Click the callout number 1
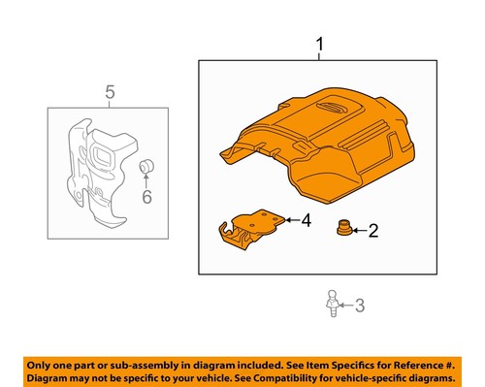tap(319, 45)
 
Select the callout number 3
tap(359, 306)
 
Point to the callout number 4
tap(305, 221)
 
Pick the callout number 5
tap(110, 93)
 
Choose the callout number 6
tap(147, 197)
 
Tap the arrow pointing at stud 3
tap(345, 306)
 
